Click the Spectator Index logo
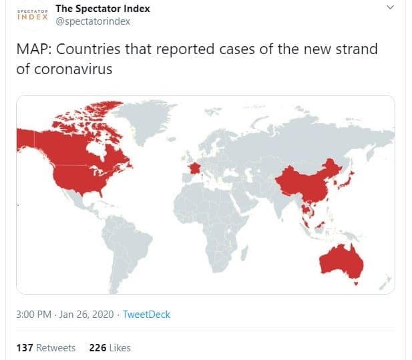[x=32, y=15]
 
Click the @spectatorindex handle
[x=93, y=21]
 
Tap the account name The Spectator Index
[x=103, y=9]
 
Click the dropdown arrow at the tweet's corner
[x=392, y=8]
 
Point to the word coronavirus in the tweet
[x=74, y=69]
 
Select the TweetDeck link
[x=148, y=314]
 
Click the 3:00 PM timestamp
[x=33, y=314]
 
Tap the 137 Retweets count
[x=45, y=347]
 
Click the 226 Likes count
[x=110, y=347]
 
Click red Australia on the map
[x=341, y=260]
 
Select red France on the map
[x=193, y=166]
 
